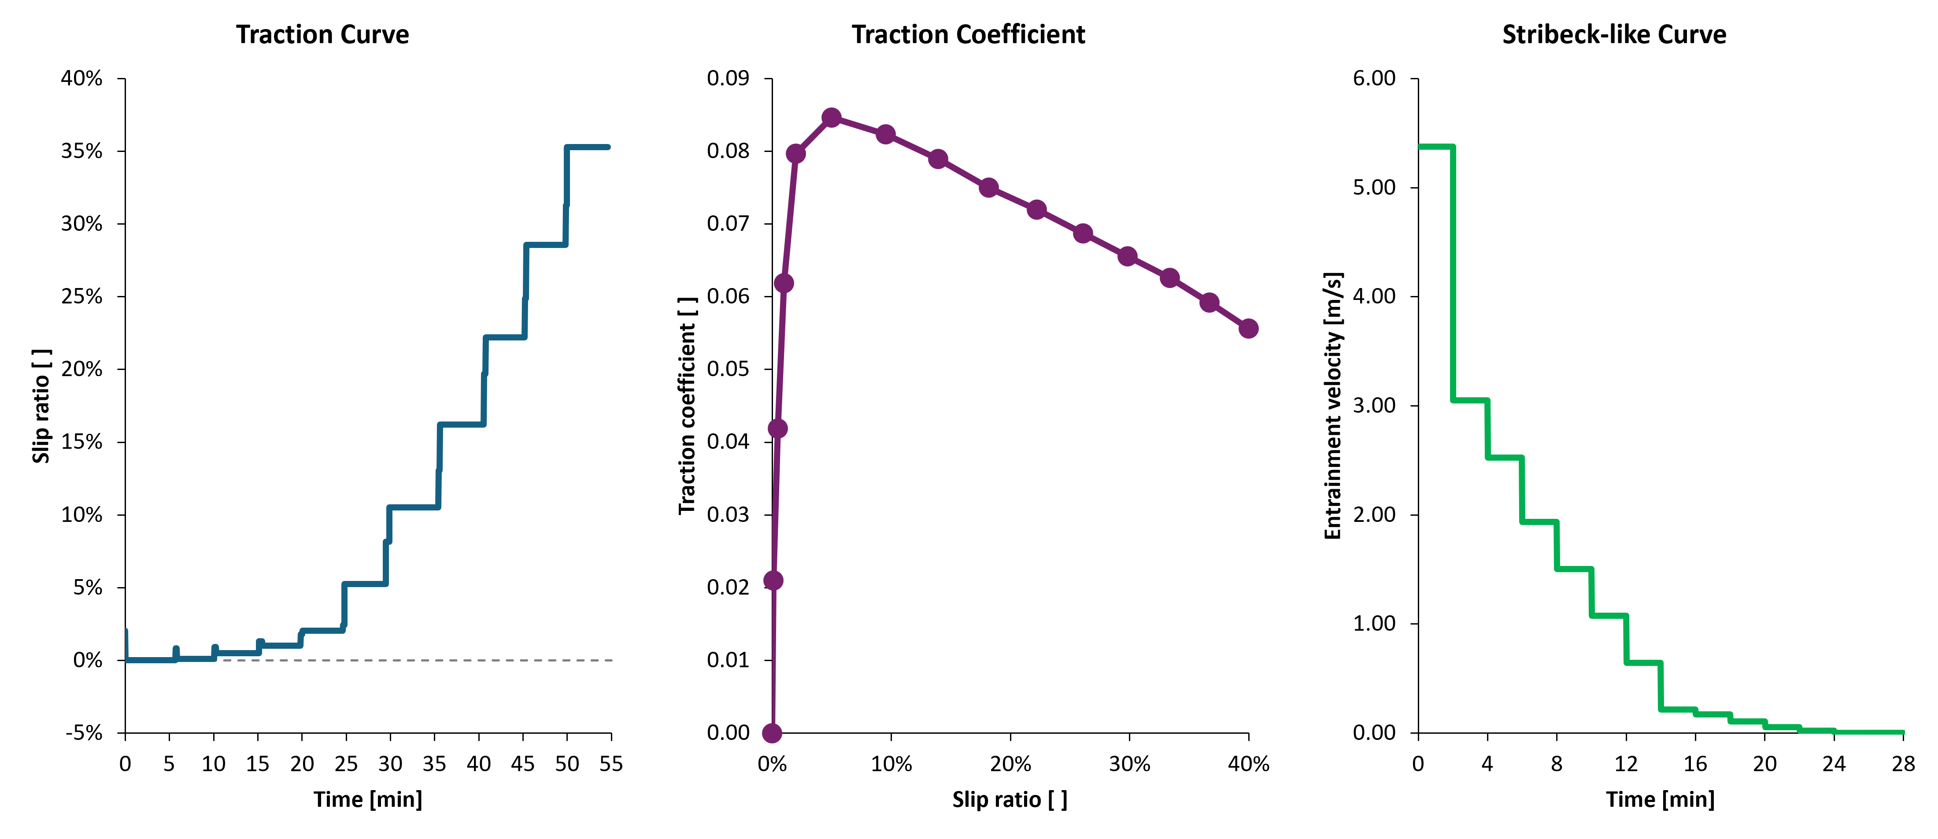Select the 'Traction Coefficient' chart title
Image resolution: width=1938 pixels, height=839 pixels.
click(x=968, y=35)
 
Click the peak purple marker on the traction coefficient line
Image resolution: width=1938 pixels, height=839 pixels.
click(x=831, y=118)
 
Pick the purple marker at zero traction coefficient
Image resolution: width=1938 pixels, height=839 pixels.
click(x=772, y=732)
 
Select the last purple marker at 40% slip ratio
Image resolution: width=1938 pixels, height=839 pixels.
click(x=1248, y=328)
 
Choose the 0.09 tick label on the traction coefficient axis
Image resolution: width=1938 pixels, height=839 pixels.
click(x=728, y=78)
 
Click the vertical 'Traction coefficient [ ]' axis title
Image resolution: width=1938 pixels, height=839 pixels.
click(x=687, y=406)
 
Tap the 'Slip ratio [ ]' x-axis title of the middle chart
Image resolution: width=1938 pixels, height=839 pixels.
click(x=1010, y=799)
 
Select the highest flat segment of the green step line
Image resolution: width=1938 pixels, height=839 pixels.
click(x=1435, y=147)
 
